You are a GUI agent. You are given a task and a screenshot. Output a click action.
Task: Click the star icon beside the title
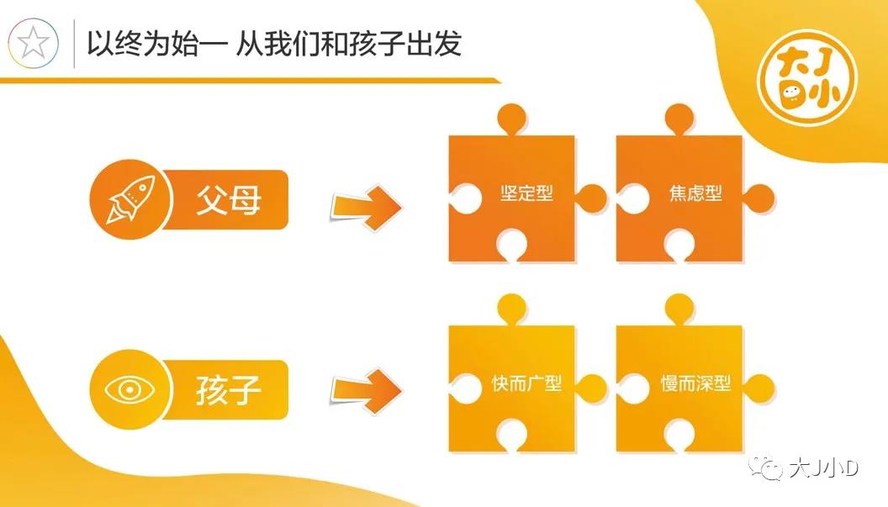click(x=33, y=43)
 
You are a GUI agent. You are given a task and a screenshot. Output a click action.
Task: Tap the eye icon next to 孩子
click(x=129, y=390)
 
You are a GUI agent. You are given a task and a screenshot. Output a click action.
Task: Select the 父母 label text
click(x=228, y=199)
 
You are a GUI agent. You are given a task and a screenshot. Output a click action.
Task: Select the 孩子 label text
click(x=228, y=390)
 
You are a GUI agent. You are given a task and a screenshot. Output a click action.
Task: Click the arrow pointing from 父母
click(x=367, y=206)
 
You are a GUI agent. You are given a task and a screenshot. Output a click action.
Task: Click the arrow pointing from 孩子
click(x=367, y=390)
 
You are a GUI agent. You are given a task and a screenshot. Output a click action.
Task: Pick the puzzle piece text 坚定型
click(x=526, y=193)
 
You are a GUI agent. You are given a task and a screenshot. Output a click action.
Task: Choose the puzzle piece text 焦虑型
click(x=695, y=193)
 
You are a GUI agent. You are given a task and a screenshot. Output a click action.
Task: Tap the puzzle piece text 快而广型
click(x=526, y=383)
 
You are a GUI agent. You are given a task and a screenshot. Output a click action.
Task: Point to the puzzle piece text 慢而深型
click(x=695, y=383)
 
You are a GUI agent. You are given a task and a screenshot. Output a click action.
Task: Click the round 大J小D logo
click(x=807, y=77)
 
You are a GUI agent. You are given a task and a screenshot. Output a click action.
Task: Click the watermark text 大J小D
click(x=824, y=468)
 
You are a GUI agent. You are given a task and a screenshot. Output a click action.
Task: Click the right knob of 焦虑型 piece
click(x=758, y=198)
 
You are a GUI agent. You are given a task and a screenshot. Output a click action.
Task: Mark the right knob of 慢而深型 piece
click(x=758, y=388)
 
